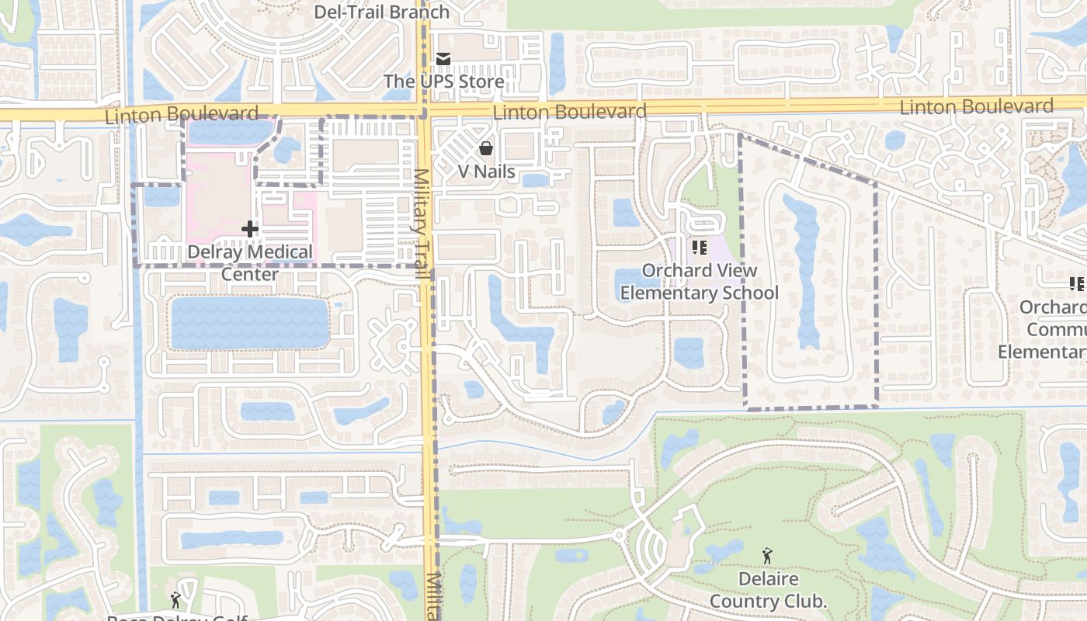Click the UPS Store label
pyautogui.click(x=443, y=82)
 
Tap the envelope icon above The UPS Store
pyautogui.click(x=443, y=58)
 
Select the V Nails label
pyautogui.click(x=486, y=172)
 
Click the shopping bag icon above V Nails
pyautogui.click(x=486, y=147)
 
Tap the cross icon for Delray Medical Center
pyautogui.click(x=250, y=229)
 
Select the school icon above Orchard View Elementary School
pyautogui.click(x=699, y=248)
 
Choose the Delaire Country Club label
pyautogui.click(x=767, y=590)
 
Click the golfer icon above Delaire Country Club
pyautogui.click(x=767, y=556)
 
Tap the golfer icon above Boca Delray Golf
pyautogui.click(x=176, y=600)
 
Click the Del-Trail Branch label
pyautogui.click(x=381, y=12)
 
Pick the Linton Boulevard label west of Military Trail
pyautogui.click(x=181, y=115)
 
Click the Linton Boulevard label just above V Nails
pyautogui.click(x=569, y=113)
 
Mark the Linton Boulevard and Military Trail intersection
pyautogui.click(x=425, y=111)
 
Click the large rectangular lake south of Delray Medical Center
pyautogui.click(x=249, y=323)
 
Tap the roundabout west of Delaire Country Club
pyautogui.click(x=619, y=536)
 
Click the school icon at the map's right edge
pyautogui.click(x=1077, y=283)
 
